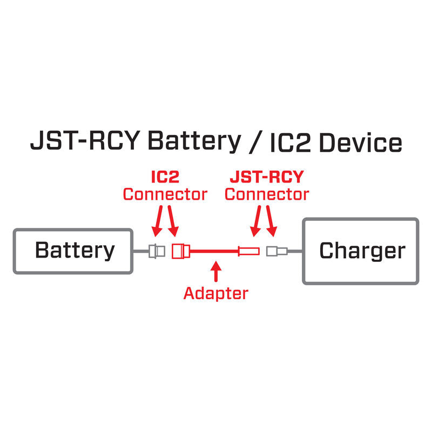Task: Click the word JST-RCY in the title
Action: (85, 142)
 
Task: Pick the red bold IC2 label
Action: (165, 177)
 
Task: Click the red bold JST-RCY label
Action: (267, 177)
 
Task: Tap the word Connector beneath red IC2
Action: (165, 194)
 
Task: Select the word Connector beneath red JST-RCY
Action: (267, 194)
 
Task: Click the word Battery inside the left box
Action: (75, 251)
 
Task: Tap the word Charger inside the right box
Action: (362, 251)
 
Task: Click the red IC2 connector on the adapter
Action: (180, 251)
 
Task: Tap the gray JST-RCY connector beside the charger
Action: (277, 251)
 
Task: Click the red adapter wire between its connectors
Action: (213, 251)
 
